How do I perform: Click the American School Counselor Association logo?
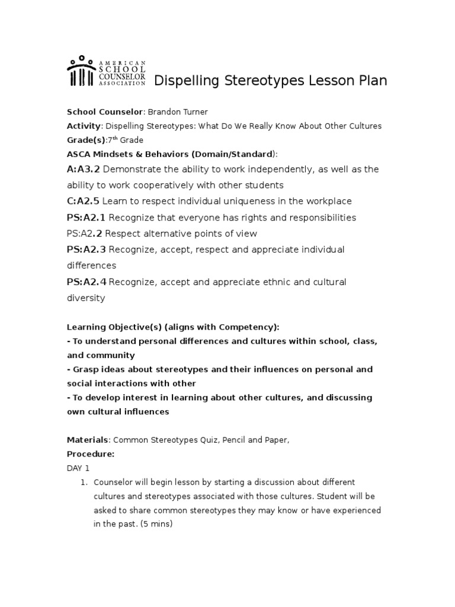tap(107, 72)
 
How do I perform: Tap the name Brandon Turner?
tap(177, 112)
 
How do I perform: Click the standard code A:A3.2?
tap(84, 170)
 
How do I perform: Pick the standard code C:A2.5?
tap(84, 202)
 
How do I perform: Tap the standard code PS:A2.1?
tap(86, 218)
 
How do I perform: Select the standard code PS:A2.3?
tap(86, 250)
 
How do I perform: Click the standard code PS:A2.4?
tap(86, 282)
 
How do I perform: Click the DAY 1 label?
tap(78, 468)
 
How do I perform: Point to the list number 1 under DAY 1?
tap(84, 482)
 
